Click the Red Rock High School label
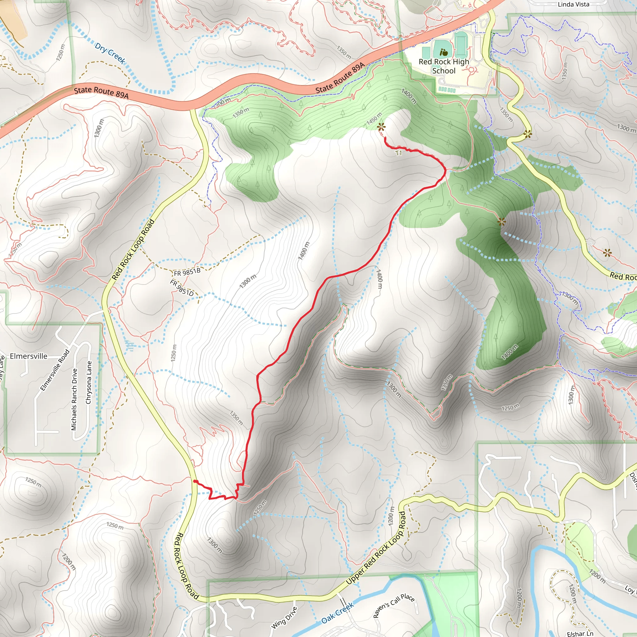444,66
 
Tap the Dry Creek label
110,53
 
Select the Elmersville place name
29,356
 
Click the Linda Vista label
573,4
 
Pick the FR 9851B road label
187,272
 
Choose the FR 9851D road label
181,287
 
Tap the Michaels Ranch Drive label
74,399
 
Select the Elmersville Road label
54,370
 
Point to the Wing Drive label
284,617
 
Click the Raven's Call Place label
394,606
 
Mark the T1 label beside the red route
399,153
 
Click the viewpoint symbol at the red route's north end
381,127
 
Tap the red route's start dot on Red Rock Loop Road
195,481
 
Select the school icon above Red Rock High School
444,52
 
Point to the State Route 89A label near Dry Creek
101,93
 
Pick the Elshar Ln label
580,633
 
